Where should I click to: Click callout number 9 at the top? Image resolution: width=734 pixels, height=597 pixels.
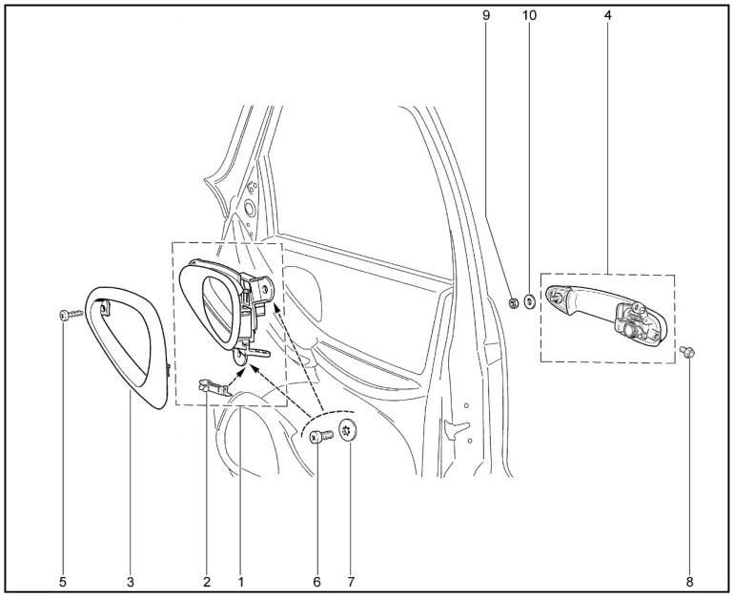click(x=486, y=15)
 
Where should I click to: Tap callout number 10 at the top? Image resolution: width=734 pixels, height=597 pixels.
click(x=529, y=15)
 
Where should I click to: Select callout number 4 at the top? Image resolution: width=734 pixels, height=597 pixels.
click(x=607, y=15)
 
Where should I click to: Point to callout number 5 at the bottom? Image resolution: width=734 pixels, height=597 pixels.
click(x=63, y=582)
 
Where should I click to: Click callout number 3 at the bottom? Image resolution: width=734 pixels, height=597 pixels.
click(x=131, y=582)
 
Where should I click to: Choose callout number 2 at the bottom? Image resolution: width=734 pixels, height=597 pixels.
click(x=207, y=582)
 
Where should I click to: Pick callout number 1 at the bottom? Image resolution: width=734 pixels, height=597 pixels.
click(x=240, y=582)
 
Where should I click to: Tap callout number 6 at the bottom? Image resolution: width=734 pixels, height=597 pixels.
click(x=316, y=582)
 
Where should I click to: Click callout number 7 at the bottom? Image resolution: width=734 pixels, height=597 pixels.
click(x=351, y=582)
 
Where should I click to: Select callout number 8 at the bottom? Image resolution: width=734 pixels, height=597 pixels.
click(x=689, y=582)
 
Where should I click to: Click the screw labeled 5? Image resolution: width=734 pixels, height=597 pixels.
click(x=71, y=315)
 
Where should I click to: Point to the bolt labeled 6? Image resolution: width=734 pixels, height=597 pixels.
click(x=320, y=438)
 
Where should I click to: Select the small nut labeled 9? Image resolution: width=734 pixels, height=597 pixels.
click(x=513, y=303)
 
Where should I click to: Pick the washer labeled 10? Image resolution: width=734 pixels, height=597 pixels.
click(x=530, y=302)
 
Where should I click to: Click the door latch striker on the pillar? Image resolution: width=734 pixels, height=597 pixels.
click(x=456, y=428)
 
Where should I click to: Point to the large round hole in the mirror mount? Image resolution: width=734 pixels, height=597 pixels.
click(x=248, y=208)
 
